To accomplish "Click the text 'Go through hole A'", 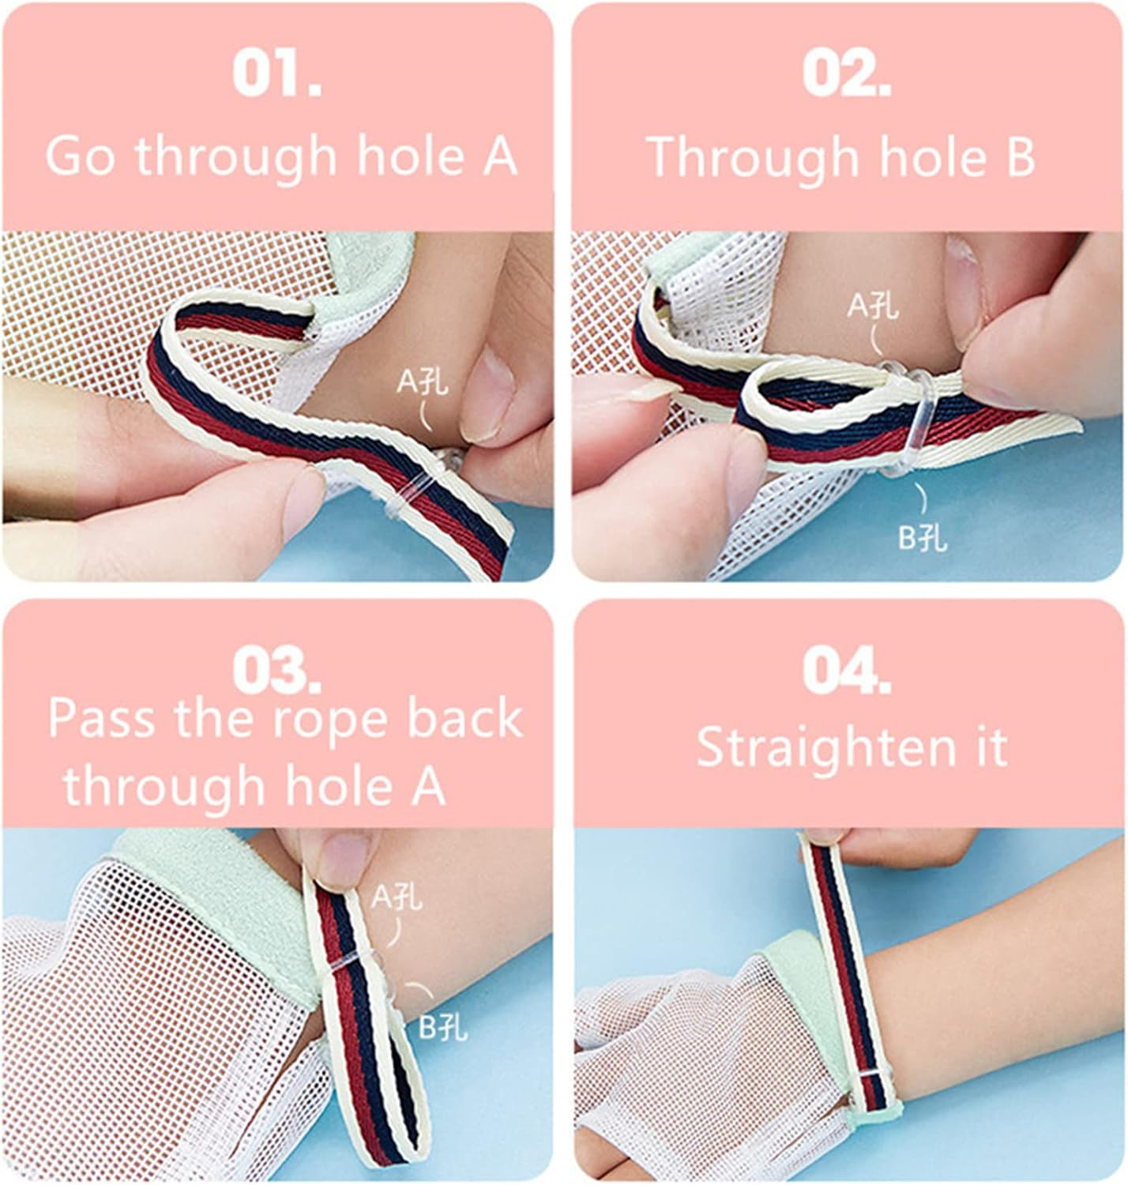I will click(x=280, y=155).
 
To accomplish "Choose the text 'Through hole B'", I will click(x=841, y=156).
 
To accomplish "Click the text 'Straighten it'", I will click(x=852, y=747).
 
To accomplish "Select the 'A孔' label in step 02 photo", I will click(x=873, y=306).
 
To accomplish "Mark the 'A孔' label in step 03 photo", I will click(x=397, y=897).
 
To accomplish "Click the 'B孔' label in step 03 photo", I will click(x=442, y=1027).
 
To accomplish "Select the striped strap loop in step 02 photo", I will click(x=806, y=411).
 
